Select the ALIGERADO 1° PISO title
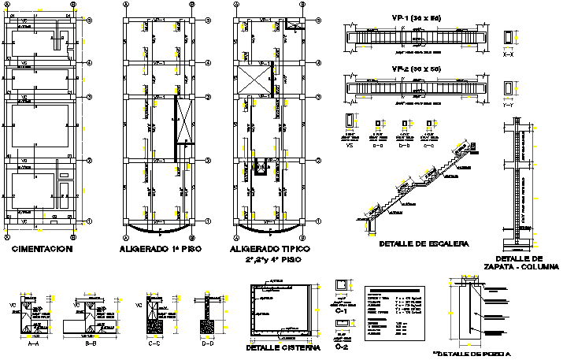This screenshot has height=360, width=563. (159, 249)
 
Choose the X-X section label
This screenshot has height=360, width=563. (508, 55)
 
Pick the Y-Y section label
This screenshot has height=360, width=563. (508, 103)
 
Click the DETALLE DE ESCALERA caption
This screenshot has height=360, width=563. (424, 244)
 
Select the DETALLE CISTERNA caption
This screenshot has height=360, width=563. (283, 347)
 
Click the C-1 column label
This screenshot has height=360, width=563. (342, 311)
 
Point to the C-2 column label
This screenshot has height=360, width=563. (342, 347)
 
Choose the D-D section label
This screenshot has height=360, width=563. (207, 343)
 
